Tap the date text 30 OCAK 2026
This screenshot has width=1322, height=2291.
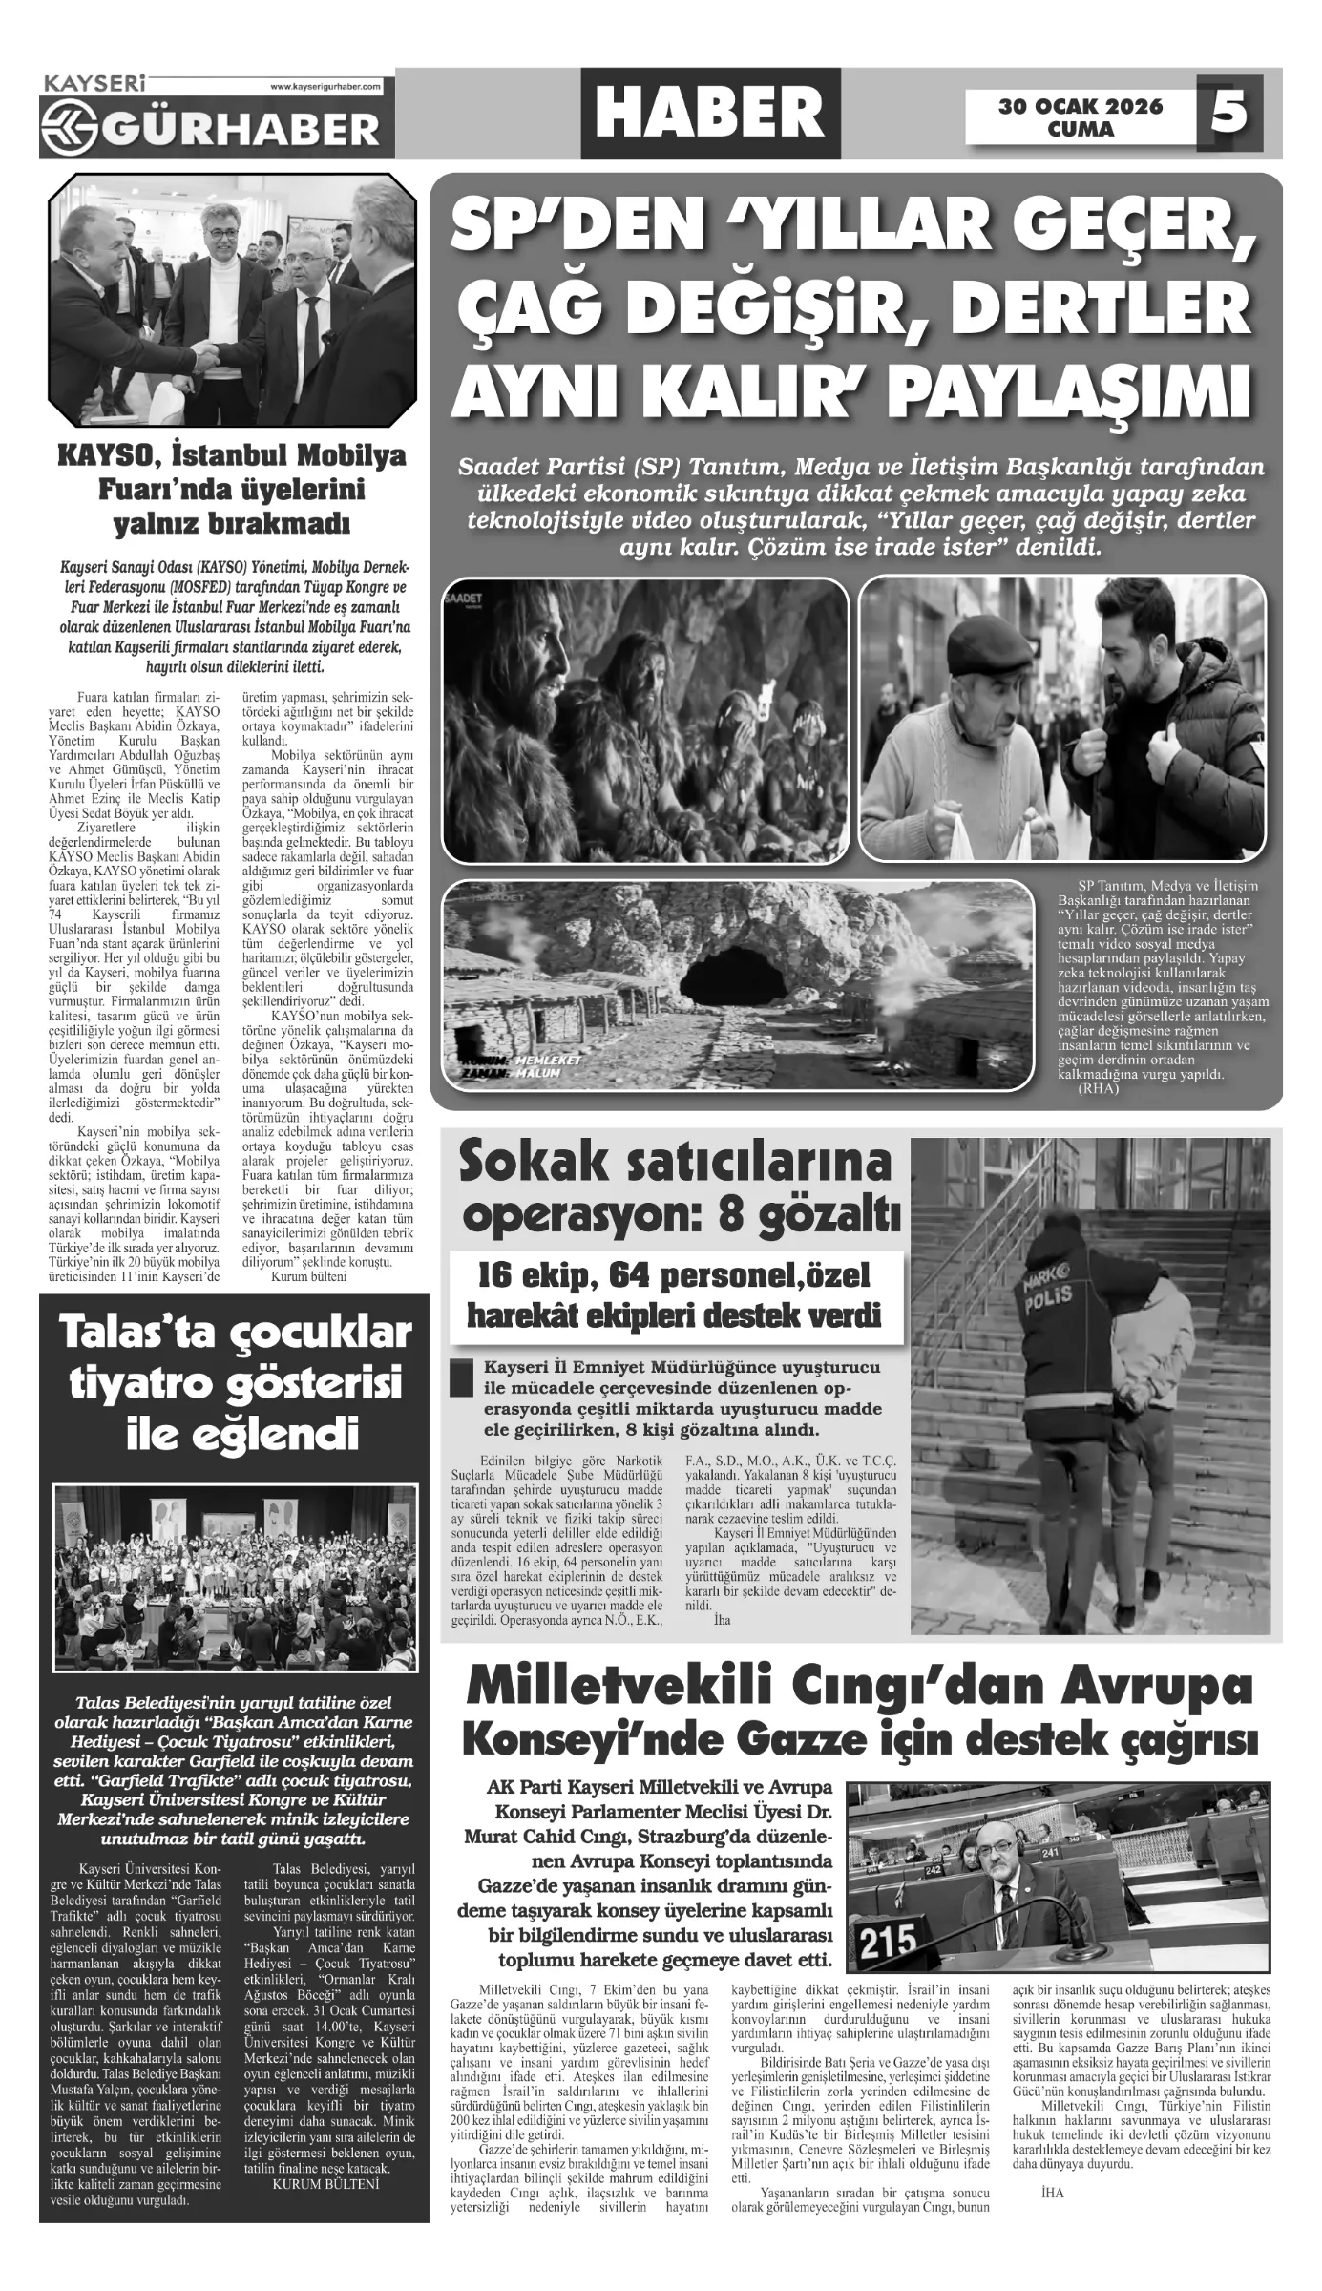(1081, 106)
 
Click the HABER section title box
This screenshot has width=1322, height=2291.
(710, 113)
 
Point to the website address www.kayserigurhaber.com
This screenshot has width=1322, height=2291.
(325, 87)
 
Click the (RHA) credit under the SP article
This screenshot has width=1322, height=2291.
(1096, 1089)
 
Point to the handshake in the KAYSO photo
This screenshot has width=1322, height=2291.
(209, 355)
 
